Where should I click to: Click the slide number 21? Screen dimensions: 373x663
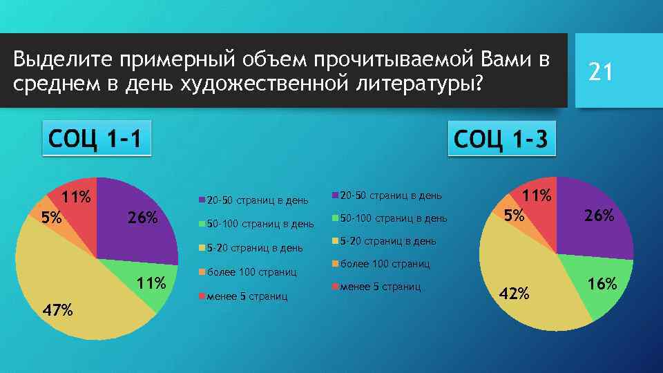tap(600, 71)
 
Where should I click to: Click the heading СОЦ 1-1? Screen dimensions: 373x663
tap(95, 139)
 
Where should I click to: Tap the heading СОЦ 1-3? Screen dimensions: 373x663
tap(501, 140)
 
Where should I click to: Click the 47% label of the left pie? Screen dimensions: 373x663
tap(57, 309)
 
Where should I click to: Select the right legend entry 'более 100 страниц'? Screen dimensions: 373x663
tap(385, 264)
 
